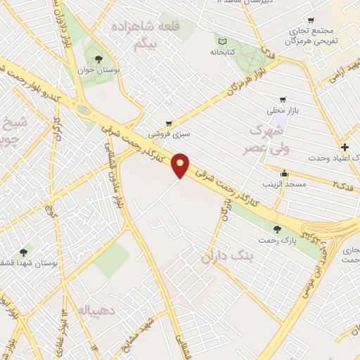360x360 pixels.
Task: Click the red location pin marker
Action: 181,165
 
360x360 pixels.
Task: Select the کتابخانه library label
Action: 221,52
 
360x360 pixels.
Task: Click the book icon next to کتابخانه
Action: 222,40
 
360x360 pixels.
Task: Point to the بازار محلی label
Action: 282,111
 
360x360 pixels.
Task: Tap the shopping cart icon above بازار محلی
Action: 283,99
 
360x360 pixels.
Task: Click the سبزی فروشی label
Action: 169,131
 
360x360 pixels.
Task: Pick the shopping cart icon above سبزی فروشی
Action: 168,122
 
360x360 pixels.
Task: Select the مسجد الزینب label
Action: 284,184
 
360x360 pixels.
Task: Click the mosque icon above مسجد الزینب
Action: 284,173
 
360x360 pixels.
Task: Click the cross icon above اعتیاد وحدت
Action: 344,147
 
